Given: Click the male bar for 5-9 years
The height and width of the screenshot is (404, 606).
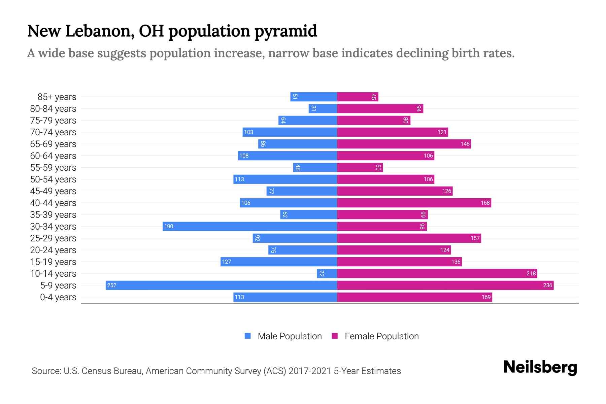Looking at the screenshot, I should pos(221,285).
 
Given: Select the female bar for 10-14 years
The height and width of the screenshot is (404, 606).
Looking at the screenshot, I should pos(437,273).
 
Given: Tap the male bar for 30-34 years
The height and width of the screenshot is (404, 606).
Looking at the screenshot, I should pos(250,226).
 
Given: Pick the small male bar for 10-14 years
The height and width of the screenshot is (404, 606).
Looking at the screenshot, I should pos(327,273).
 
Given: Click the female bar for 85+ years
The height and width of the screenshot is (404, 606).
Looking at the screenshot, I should pos(358,97).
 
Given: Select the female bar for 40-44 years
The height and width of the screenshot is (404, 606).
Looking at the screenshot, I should pos(414,203).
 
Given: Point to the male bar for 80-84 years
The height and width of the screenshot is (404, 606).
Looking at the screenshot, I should pos(323,108).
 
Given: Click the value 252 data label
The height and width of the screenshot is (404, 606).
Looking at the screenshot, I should pos(111,285).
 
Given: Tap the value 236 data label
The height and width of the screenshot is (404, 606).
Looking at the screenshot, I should pos(547,285).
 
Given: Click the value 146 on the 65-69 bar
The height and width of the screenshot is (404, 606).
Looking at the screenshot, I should pos(465,144).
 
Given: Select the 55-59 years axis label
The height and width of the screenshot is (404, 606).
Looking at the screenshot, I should pos(53,167).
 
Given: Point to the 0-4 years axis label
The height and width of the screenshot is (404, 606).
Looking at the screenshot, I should pos(58,297).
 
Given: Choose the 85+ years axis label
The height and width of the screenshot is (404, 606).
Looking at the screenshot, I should pos(57,97).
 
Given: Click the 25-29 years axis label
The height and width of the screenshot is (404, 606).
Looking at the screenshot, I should pos(53,238).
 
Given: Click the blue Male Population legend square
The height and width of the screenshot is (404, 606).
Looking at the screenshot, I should pos(248,336).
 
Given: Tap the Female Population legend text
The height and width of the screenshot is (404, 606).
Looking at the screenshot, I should pos(381,336).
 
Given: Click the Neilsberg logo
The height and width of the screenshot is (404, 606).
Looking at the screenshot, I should pos(540,367).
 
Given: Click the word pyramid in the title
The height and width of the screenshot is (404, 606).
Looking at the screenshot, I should pos(285,31).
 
